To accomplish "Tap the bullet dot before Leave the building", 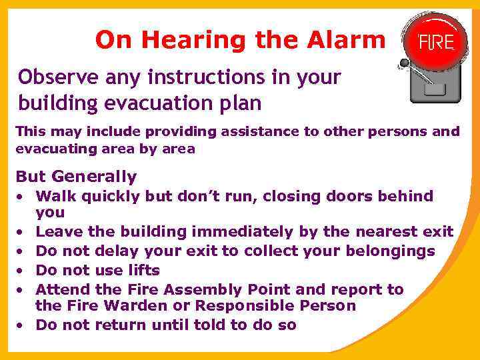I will [21, 233].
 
